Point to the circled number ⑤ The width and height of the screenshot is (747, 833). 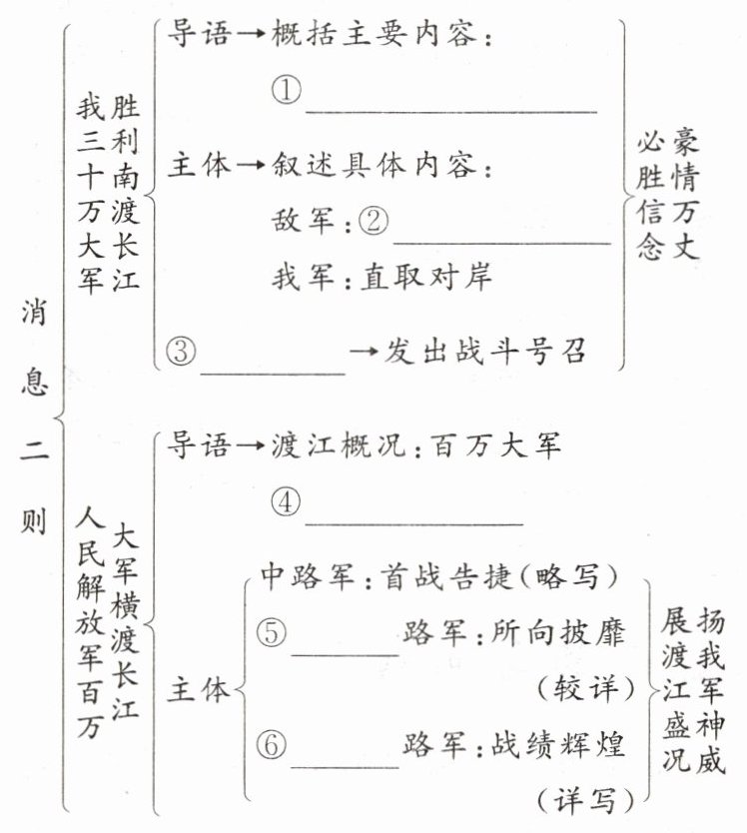pyautogui.click(x=270, y=632)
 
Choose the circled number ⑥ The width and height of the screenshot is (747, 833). pyautogui.click(x=272, y=745)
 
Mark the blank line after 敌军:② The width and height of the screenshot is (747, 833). pyautogui.click(x=501, y=241)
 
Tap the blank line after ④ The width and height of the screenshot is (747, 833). pyautogui.click(x=413, y=520)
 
